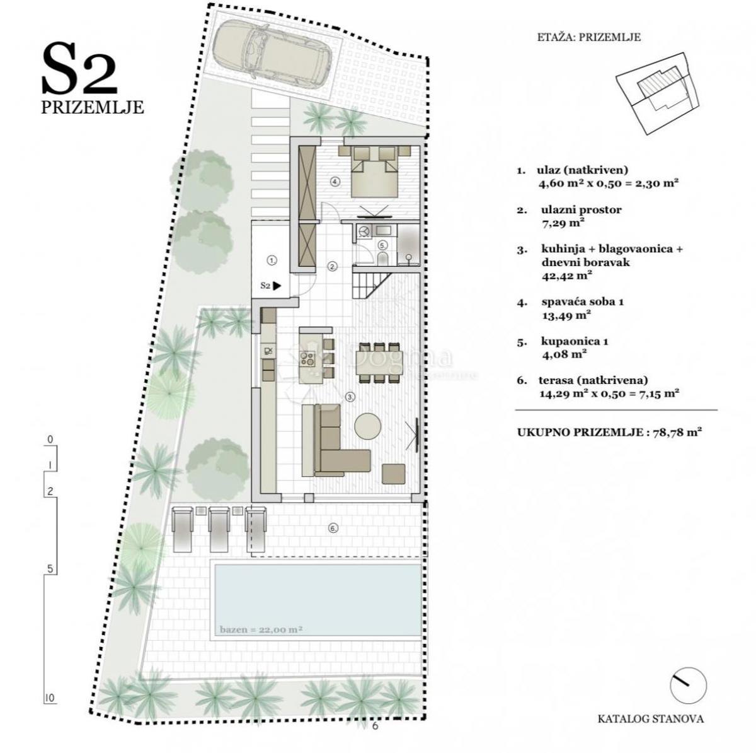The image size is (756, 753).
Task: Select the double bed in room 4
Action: (x=374, y=170)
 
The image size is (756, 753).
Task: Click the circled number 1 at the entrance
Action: (x=272, y=259)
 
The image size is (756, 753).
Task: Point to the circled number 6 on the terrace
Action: (x=333, y=528)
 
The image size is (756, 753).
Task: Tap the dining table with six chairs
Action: (x=377, y=363)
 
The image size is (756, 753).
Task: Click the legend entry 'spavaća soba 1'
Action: (x=582, y=302)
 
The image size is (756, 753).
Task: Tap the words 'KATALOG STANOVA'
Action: (x=651, y=718)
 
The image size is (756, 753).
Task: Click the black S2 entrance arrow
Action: (x=277, y=286)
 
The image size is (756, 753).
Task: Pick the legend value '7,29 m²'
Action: (x=563, y=223)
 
